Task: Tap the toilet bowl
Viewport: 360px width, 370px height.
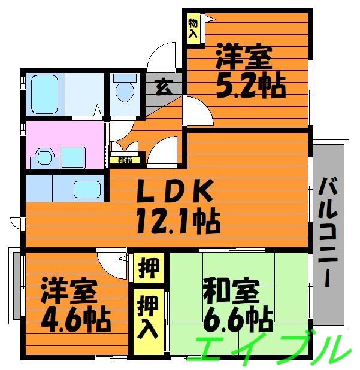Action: (x=124, y=92)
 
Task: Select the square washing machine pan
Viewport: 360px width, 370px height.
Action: (x=73, y=157)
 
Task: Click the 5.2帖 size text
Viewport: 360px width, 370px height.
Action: (x=249, y=87)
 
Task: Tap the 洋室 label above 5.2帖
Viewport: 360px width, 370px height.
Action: (x=244, y=58)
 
